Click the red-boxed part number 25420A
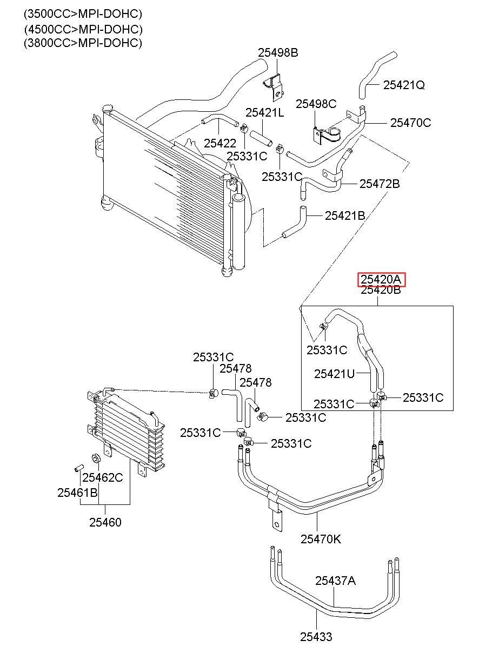tap(381, 279)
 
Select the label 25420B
tap(381, 291)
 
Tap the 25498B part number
tap(278, 52)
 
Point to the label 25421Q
tap(404, 85)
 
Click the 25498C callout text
tap(316, 104)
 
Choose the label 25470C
tap(411, 123)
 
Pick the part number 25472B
tap(380, 184)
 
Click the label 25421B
tap(345, 216)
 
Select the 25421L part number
tap(265, 112)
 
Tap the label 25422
tap(220, 143)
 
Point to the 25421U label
tap(334, 374)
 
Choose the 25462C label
tap(103, 477)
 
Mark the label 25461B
tap(77, 493)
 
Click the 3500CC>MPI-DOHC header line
tap(83, 14)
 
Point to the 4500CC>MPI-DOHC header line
tap(83, 29)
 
